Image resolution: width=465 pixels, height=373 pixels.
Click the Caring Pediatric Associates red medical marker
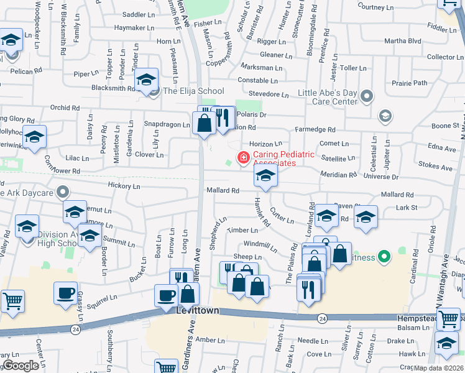click(243, 159)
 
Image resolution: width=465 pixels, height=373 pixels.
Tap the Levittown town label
click(198, 310)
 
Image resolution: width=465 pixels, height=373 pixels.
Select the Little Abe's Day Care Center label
click(328, 97)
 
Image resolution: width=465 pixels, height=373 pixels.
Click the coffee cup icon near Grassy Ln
click(65, 293)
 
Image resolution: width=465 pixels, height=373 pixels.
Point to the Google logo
click(21, 366)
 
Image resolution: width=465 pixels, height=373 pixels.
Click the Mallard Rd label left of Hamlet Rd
click(223, 190)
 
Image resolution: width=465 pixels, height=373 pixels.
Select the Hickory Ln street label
click(123, 185)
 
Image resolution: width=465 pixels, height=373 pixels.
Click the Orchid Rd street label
click(65, 107)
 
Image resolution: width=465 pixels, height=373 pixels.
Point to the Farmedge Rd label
click(315, 130)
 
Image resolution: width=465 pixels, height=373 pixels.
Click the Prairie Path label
click(408, 83)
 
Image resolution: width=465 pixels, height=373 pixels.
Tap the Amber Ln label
click(209, 340)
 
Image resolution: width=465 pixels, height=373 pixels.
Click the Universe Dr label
click(381, 177)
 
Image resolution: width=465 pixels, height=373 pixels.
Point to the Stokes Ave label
click(435, 167)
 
